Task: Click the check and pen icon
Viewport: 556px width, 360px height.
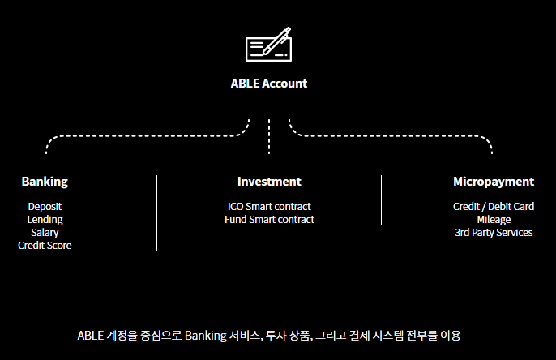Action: point(268,45)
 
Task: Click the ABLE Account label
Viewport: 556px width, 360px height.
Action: point(269,83)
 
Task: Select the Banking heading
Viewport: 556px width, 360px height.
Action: point(45,182)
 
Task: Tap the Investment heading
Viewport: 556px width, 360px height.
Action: point(269,182)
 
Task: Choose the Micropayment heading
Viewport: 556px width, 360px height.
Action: point(494,182)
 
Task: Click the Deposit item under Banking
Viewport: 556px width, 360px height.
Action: point(45,207)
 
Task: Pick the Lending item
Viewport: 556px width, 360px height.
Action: point(45,220)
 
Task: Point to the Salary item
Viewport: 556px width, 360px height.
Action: point(45,233)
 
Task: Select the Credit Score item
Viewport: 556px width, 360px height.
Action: point(45,246)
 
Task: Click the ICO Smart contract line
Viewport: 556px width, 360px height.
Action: point(269,207)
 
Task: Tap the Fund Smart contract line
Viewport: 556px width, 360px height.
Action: point(269,220)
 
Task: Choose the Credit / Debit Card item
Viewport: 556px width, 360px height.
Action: point(494,207)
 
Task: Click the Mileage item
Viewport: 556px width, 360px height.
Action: point(494,220)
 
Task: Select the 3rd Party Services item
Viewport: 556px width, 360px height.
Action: point(494,233)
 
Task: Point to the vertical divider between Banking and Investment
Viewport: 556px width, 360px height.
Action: point(156,212)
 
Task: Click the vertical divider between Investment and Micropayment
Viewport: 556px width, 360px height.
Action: point(381,199)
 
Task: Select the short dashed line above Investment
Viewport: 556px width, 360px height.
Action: point(269,135)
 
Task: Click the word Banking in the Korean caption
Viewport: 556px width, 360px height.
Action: point(206,335)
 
